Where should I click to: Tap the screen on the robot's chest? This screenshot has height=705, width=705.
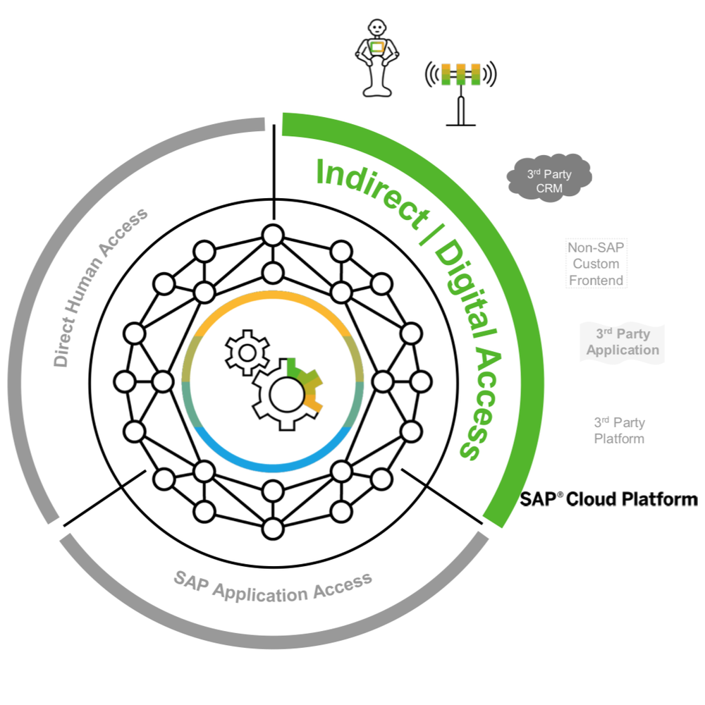379,49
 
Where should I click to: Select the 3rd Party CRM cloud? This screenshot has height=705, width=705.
549,176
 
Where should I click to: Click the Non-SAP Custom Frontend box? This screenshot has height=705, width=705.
596,264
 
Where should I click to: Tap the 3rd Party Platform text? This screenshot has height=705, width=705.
619,430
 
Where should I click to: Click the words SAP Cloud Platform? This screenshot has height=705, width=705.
609,499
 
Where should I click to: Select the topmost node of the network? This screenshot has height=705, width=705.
272,234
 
